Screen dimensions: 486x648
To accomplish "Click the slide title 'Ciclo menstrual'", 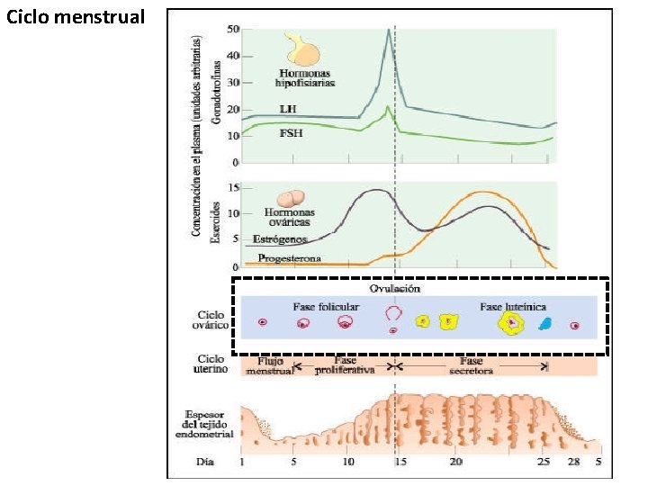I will point(74,16).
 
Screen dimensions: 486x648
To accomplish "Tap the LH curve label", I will point(287,108).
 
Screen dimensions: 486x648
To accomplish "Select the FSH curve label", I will point(291,132).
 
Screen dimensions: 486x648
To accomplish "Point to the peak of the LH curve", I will point(389,30).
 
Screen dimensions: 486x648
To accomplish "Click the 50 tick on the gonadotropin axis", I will point(233,30).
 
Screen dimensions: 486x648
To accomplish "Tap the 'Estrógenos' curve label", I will point(281,239).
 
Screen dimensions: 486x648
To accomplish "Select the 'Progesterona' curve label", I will point(289,258).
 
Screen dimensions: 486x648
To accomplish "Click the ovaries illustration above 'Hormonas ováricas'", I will point(290,199).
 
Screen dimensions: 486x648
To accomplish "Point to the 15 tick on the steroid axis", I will point(233,187).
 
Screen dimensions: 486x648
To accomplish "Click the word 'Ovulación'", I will point(395,289).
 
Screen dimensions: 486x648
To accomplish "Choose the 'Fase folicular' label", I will point(326,306).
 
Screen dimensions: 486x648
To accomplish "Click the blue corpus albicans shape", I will point(544,324).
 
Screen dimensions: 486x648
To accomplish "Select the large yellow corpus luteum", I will point(512,323).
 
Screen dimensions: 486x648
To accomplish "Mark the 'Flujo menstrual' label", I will point(270,364).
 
